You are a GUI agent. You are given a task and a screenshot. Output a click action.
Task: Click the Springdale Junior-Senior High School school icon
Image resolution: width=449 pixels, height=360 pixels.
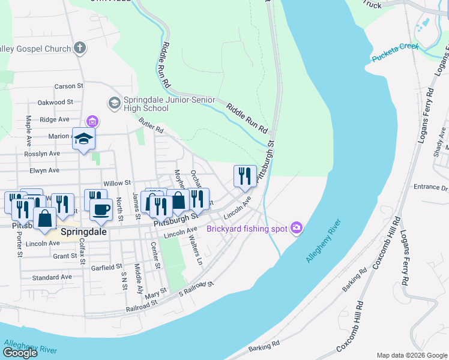[x=113, y=104]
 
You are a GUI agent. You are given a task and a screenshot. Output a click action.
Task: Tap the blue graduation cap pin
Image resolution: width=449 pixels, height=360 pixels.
[x=83, y=139]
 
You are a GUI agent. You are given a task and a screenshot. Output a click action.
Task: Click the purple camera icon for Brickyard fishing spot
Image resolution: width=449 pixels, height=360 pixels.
[x=295, y=228]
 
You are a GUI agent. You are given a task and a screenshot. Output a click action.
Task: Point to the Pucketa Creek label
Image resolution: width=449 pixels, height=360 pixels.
[x=393, y=54]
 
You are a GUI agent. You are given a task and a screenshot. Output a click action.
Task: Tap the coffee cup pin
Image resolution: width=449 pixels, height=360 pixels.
[x=101, y=209]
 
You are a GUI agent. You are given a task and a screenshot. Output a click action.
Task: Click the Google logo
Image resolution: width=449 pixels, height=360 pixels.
[x=20, y=352]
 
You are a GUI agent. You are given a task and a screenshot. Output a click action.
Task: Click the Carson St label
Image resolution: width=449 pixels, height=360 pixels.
[x=64, y=86]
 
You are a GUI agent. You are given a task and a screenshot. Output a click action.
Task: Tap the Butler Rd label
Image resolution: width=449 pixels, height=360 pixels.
[x=151, y=125]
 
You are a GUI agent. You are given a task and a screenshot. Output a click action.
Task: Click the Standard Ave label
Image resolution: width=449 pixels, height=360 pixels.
[x=52, y=277]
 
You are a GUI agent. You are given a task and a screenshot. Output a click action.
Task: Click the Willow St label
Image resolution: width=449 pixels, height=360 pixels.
[x=117, y=182]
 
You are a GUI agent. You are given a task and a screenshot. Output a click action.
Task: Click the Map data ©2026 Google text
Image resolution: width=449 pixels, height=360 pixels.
[x=411, y=355]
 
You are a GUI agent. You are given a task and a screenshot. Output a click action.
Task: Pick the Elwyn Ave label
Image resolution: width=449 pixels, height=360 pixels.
[x=45, y=170]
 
